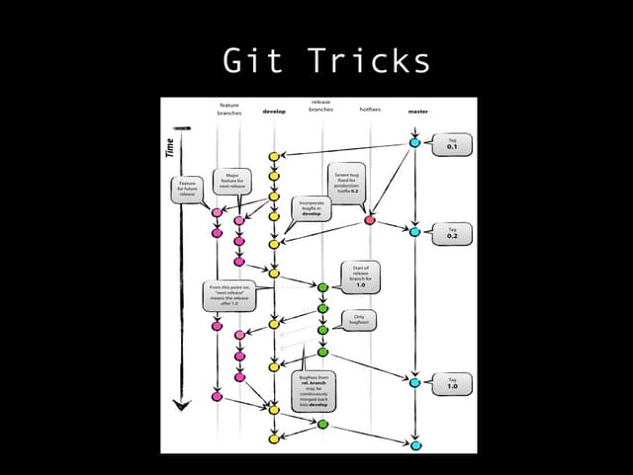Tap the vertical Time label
tap(169, 149)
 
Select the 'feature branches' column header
tap(228, 109)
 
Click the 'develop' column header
tap(274, 112)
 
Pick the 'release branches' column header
tap(320, 106)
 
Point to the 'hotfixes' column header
tap(371, 110)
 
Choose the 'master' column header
tap(417, 112)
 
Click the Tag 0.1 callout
tap(452, 143)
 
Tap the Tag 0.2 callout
tap(452, 233)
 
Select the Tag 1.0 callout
tap(452, 383)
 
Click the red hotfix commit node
tap(370, 220)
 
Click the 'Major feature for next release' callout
tap(232, 182)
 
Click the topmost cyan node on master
tap(415, 143)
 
